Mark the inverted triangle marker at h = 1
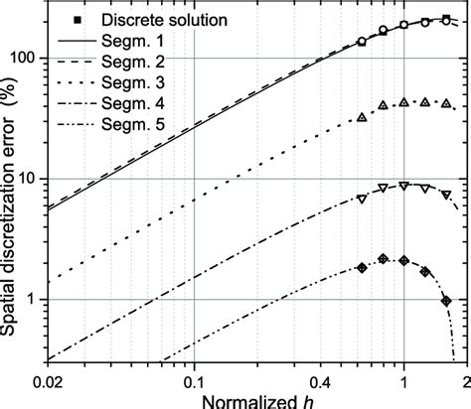[x=403, y=186]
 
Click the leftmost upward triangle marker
[x=362, y=117]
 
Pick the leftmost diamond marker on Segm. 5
[x=362, y=268]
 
